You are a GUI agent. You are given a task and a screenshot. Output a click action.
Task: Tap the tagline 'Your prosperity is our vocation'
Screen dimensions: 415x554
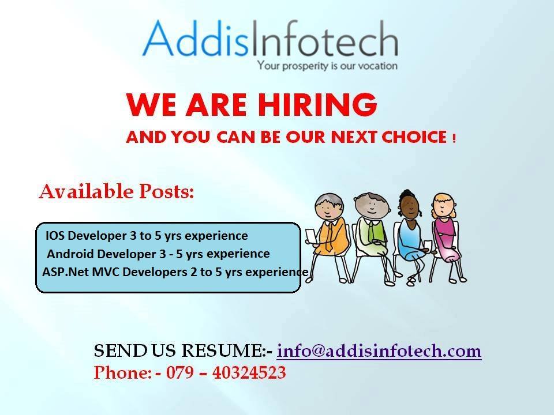pos(327,66)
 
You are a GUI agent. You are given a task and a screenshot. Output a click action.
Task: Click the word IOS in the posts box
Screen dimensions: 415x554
pos(55,236)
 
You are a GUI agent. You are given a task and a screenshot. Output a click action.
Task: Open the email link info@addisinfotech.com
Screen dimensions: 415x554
pos(379,351)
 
